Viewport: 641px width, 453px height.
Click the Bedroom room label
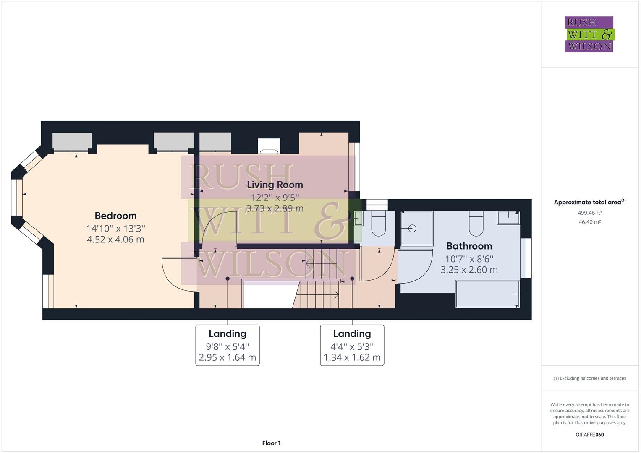pyautogui.click(x=115, y=216)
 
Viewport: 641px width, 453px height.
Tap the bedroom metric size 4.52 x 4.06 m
pyautogui.click(x=115, y=240)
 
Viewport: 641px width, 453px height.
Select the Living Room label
pyautogui.click(x=275, y=185)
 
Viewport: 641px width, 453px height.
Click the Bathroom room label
pyautogui.click(x=469, y=246)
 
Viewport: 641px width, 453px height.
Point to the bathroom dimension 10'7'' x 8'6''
pyautogui.click(x=469, y=259)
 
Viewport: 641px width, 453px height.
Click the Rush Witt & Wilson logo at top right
pyautogui.click(x=589, y=34)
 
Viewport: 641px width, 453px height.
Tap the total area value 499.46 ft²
pyautogui.click(x=589, y=213)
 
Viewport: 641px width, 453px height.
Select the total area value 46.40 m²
pyautogui.click(x=589, y=222)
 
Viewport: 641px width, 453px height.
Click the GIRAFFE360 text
pyautogui.click(x=589, y=435)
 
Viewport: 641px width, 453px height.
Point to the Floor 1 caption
pyautogui.click(x=271, y=443)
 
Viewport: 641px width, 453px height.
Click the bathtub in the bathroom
pyautogui.click(x=487, y=294)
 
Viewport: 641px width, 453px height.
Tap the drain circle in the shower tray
pyautogui.click(x=412, y=229)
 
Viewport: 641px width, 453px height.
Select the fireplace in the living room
pyautogui.click(x=269, y=146)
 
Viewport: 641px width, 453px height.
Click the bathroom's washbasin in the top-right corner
pyautogui.click(x=508, y=218)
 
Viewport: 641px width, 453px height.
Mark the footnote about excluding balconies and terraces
pyautogui.click(x=589, y=378)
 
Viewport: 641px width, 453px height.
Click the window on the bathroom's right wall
pyautogui.click(x=526, y=258)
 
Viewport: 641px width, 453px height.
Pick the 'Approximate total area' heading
pyautogui.click(x=589, y=202)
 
